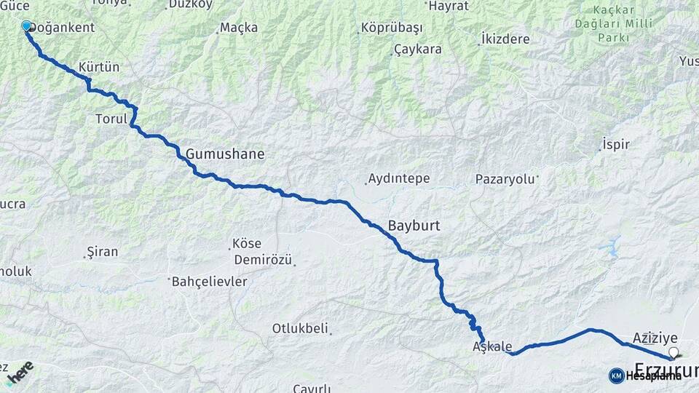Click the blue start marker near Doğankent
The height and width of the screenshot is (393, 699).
(27, 26)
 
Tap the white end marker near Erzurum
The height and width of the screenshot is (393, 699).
(674, 353)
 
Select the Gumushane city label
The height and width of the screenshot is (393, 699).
(225, 154)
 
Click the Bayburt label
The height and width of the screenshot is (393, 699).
(414, 226)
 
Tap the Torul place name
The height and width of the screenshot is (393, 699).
(111, 118)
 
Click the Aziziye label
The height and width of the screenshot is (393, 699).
(655, 338)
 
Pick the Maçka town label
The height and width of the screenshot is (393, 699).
(241, 28)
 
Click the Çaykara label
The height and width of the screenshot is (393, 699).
(417, 49)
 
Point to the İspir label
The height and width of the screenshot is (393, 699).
(616, 144)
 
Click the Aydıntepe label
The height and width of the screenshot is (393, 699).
(399, 178)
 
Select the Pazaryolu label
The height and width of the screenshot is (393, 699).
(506, 178)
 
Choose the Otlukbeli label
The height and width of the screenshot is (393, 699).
(300, 328)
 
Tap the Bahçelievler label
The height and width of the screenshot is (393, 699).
(210, 281)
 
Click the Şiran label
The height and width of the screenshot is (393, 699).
(102, 252)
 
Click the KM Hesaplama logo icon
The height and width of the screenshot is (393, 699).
(616, 376)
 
